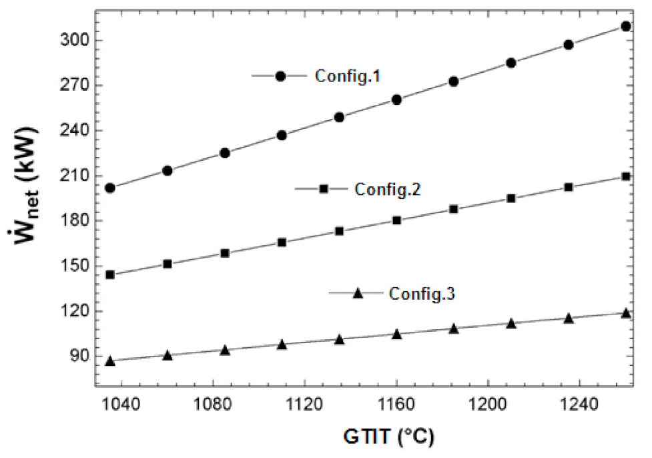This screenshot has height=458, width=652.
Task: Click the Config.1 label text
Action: [x=347, y=76]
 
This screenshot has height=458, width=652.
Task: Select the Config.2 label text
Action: [x=387, y=189]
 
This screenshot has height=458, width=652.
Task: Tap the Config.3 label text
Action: [x=422, y=293]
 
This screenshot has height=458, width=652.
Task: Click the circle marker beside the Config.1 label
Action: [x=280, y=76]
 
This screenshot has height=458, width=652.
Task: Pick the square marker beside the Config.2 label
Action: [x=324, y=189]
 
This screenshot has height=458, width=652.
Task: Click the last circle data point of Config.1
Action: [x=626, y=26]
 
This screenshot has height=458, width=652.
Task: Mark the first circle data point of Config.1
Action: [x=110, y=188]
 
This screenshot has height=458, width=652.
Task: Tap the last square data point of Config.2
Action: [x=626, y=176]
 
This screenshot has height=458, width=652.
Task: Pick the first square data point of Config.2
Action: [x=110, y=274]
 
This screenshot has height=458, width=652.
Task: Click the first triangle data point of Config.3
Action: [x=110, y=361]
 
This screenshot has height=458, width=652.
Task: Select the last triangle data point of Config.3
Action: [x=626, y=312]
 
